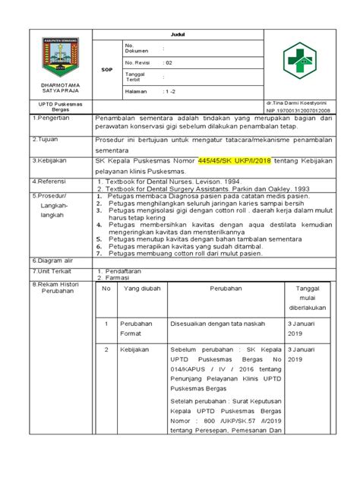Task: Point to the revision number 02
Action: pyautogui.click(x=168, y=63)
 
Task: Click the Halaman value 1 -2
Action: pyautogui.click(x=171, y=93)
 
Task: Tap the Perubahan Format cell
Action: pyautogui.click(x=138, y=328)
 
